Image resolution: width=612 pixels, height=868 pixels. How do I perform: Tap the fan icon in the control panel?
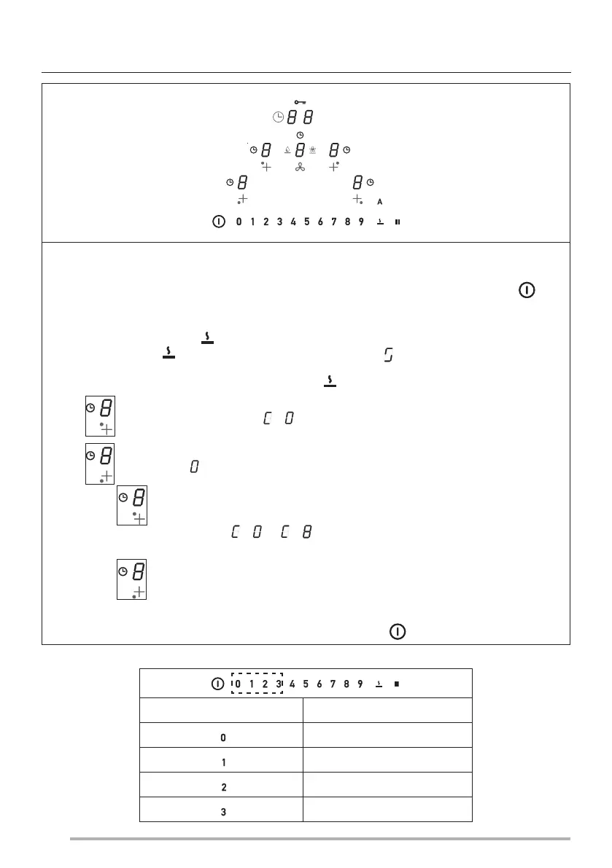[x=299, y=168]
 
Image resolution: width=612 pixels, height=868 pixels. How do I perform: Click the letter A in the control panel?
[x=379, y=202]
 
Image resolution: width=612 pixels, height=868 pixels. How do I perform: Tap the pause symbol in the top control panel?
[x=398, y=221]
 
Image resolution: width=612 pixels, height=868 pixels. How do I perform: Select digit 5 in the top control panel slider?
[x=306, y=221]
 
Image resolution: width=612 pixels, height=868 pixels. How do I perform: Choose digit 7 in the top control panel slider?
[x=333, y=221]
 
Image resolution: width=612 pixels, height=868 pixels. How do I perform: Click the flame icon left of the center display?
[x=288, y=151]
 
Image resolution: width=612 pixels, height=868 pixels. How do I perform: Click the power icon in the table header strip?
[x=217, y=684]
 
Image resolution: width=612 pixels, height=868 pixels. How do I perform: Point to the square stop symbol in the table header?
[x=397, y=684]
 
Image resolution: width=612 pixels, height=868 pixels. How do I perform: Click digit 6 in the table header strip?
[x=319, y=684]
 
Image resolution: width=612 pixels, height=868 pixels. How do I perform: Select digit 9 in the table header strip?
[x=360, y=684]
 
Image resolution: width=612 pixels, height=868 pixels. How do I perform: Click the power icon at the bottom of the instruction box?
[x=398, y=631]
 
